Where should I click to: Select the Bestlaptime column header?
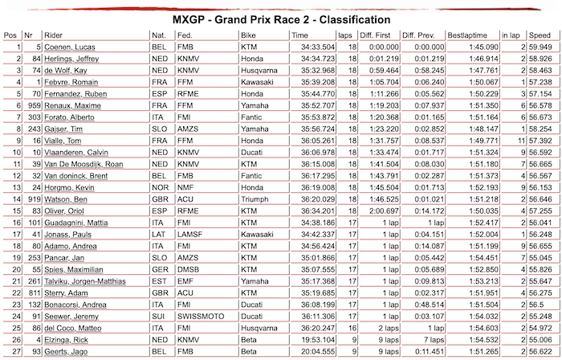pos(466,35)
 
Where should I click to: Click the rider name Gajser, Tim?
pos(63,129)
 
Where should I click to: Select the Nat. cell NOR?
pos(160,187)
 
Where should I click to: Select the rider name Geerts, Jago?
pos(67,352)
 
